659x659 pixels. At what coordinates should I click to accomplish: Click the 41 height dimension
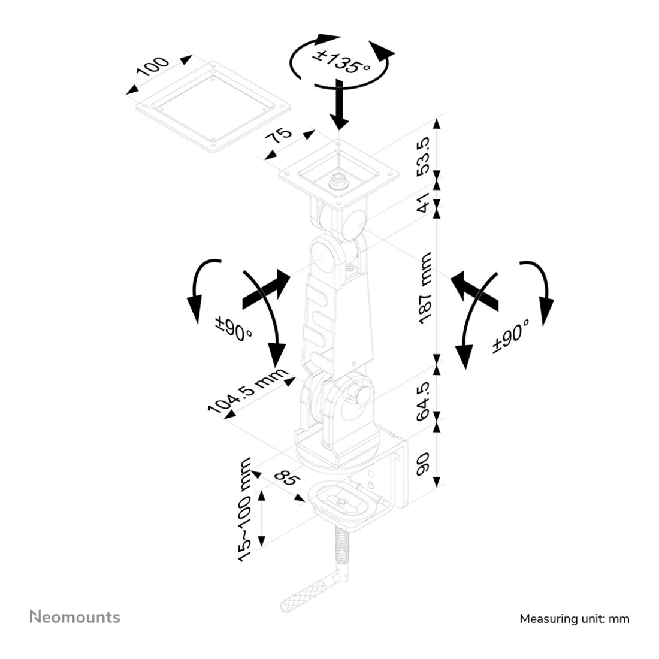point(424,202)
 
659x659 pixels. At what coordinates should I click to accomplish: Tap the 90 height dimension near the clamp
point(422,464)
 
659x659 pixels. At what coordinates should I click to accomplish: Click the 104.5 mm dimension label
point(248,391)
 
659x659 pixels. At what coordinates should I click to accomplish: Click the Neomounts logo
point(75,617)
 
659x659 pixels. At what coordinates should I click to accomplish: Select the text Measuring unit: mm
point(575,619)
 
